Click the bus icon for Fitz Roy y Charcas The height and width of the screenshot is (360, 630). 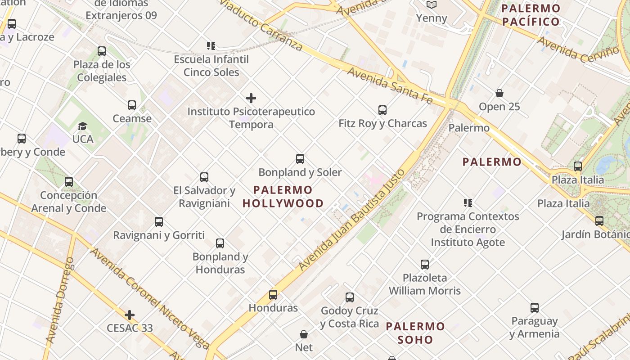point(382,110)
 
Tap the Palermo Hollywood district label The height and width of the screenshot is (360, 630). point(283,197)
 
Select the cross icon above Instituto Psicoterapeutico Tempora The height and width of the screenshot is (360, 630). point(251,98)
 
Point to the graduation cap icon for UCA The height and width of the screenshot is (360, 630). point(82,126)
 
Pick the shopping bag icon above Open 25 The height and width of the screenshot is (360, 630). point(499,93)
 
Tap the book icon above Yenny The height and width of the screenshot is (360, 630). point(432,5)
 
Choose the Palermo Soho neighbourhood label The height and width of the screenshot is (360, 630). point(415,333)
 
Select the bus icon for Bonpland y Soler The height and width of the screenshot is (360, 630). point(300,159)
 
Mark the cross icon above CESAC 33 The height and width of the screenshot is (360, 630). point(130,315)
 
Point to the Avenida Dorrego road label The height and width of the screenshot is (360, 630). point(60,301)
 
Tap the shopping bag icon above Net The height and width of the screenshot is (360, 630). point(304,334)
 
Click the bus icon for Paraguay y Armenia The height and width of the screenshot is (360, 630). point(534,308)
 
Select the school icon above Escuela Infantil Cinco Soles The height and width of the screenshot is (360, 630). point(211,45)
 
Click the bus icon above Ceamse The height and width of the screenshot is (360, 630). point(131,105)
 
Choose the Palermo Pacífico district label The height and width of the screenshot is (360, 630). point(531,15)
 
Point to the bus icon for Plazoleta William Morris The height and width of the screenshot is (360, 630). point(425,265)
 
